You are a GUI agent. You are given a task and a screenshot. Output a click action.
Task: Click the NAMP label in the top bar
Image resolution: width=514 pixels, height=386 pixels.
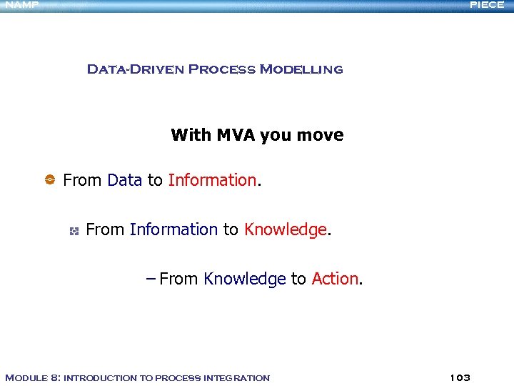pos(21,5)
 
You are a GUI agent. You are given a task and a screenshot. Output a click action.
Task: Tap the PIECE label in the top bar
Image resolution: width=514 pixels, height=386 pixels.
pos(487,5)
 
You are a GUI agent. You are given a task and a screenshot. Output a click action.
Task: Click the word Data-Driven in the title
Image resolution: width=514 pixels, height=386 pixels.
pos(135,69)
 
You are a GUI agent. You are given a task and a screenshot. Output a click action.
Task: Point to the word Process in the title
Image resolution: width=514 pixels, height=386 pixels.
pos(221,69)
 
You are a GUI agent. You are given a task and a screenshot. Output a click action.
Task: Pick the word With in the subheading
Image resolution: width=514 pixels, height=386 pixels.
pos(187,135)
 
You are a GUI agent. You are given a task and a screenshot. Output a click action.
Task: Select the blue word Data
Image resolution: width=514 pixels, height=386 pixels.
pos(124,180)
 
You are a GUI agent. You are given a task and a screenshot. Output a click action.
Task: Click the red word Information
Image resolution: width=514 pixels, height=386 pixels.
pos(212,180)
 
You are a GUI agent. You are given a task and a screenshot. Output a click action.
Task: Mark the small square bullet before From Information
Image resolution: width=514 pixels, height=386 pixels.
pos(73,230)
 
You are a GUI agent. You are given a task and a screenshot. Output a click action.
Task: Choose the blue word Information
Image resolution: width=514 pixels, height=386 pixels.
pos(173,229)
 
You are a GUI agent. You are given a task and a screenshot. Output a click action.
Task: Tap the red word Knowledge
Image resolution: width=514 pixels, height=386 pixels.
pos(285,229)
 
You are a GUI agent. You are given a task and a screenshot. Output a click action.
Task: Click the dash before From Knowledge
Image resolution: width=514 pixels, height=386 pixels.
pos(150,279)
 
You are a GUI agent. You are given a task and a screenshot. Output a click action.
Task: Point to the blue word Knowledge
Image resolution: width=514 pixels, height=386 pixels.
pos(244,279)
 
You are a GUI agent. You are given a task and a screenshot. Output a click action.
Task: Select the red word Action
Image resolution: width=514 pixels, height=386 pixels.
pos(335,279)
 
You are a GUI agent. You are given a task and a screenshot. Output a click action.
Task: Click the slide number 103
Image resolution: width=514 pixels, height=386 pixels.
pos(460,377)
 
